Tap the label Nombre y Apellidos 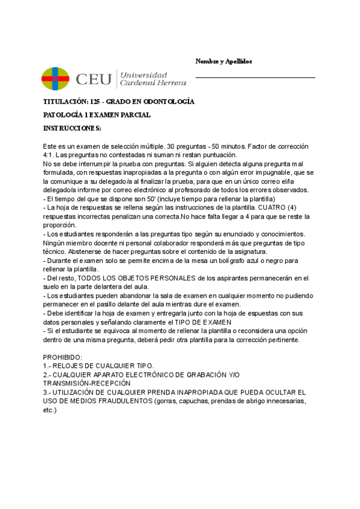coord(224,62)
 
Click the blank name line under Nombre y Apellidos coord(255,77)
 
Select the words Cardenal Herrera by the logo coord(154,82)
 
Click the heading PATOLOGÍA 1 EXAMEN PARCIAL coord(97,115)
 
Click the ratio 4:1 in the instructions coord(50,154)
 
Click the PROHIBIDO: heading coord(63,357)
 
